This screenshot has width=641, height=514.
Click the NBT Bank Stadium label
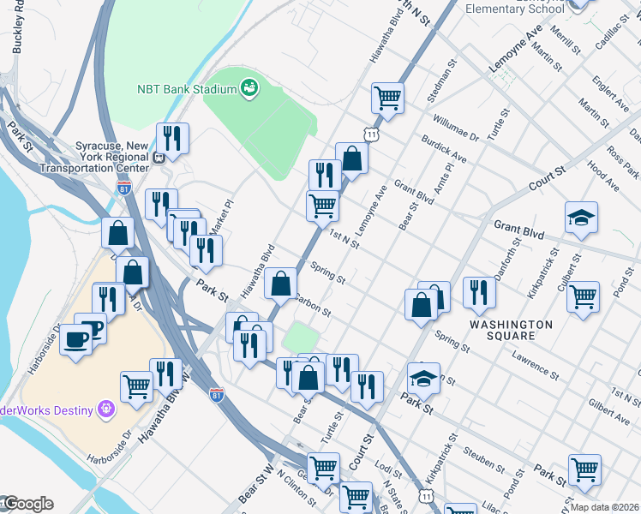[x=186, y=89]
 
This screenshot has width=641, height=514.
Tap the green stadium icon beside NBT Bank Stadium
[x=249, y=88]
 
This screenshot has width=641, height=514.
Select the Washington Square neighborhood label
[x=511, y=330]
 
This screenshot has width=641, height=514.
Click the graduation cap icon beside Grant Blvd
[x=581, y=218]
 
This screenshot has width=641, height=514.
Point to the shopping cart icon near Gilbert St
[x=583, y=297]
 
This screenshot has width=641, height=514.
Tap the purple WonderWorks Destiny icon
[x=106, y=409]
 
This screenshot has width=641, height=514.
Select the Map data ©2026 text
[x=604, y=507]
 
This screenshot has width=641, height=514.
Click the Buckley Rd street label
[x=16, y=34]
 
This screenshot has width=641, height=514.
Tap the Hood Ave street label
[x=604, y=177]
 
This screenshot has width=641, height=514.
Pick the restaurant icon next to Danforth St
[x=479, y=292]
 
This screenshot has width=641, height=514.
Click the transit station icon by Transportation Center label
[x=159, y=157]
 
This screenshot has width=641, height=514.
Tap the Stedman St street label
[x=441, y=80]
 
